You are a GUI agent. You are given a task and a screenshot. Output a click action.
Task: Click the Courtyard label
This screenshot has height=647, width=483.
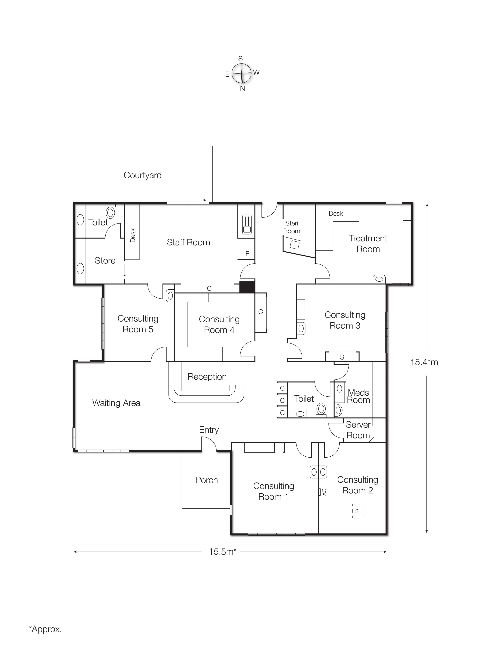(142, 175)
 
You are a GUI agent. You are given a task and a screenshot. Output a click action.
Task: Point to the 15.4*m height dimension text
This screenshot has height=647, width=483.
(424, 362)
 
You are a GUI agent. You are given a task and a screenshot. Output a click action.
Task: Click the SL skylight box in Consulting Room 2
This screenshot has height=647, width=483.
(358, 511)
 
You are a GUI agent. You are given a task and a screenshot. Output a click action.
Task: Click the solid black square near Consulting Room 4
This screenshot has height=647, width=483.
(247, 287)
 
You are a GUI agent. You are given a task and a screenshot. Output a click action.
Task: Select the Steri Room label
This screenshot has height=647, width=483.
(292, 227)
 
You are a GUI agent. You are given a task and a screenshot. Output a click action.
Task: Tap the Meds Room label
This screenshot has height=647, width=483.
(358, 396)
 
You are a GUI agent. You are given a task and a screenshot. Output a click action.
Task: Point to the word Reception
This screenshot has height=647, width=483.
(207, 377)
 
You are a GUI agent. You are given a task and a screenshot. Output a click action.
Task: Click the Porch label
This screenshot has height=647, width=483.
(206, 480)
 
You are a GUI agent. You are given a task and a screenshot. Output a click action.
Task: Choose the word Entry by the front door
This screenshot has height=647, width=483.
(209, 430)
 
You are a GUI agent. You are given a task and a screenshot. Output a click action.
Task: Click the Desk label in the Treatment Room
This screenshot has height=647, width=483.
(336, 213)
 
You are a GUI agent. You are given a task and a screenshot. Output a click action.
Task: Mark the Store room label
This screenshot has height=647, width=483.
(105, 261)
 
